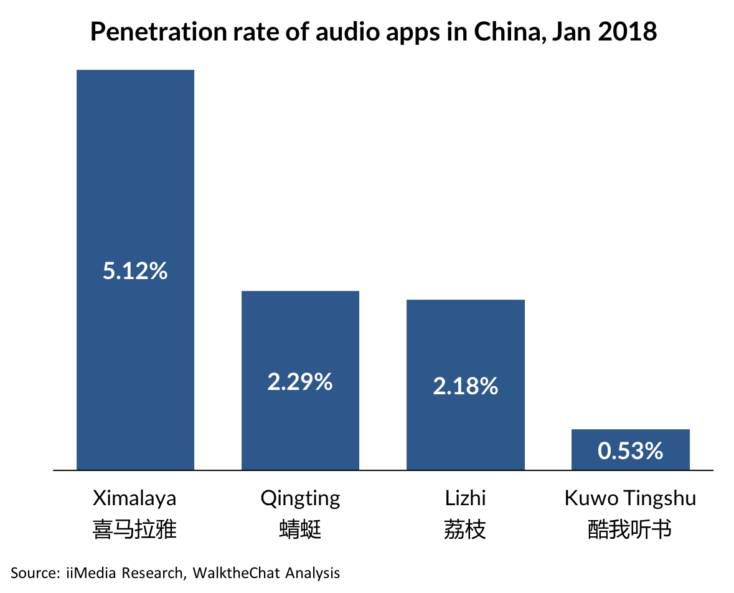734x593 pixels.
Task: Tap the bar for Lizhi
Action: [465, 336]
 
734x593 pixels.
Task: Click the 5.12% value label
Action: [135, 271]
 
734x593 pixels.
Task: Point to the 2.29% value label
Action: [300, 382]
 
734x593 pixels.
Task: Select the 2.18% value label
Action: [465, 387]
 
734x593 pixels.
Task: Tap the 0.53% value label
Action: [630, 451]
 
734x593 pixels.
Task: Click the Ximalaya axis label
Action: [134, 498]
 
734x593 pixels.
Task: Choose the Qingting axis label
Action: [300, 498]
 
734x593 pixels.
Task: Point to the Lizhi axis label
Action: [465, 498]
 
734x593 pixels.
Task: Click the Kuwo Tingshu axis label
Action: [630, 498]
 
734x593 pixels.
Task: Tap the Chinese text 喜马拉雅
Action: [134, 530]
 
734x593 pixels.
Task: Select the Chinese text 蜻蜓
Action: [300, 530]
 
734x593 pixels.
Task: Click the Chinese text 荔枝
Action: [465, 530]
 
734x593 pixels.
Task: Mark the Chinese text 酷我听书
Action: [630, 530]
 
